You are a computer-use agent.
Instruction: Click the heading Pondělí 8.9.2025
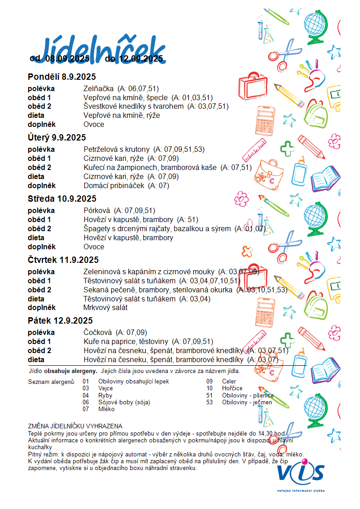click(62, 77)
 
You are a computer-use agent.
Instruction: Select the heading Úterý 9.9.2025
click(57, 138)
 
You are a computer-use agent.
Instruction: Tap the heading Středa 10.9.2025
click(62, 199)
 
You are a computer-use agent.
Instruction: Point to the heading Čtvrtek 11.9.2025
click(63, 260)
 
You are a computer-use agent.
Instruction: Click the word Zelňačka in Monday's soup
click(98, 88)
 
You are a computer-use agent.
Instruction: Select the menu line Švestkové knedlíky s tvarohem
click(134, 107)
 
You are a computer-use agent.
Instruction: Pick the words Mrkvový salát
click(105, 308)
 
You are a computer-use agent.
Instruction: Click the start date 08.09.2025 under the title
click(68, 58)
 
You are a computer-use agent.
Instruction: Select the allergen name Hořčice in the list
click(232, 388)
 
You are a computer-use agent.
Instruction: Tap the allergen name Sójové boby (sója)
click(124, 402)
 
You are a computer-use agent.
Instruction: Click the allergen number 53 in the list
click(209, 402)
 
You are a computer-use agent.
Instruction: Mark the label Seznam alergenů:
click(51, 382)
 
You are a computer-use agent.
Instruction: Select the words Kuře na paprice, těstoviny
click(126, 341)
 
